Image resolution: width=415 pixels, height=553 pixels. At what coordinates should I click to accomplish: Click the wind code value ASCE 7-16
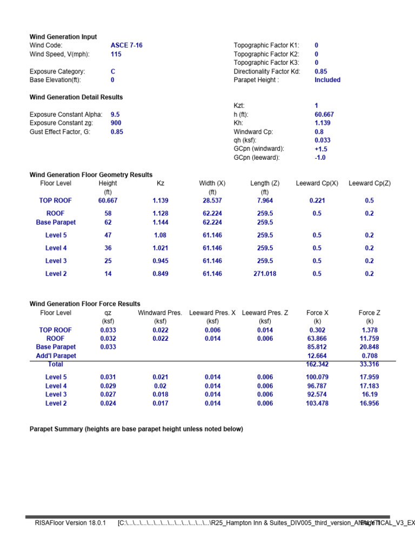coord(126,45)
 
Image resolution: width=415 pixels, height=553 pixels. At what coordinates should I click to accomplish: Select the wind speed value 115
coord(116,54)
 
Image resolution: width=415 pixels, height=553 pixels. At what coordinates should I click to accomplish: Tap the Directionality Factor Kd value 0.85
coord(320,71)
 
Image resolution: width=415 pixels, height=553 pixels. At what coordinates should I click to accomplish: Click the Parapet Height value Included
coord(327,80)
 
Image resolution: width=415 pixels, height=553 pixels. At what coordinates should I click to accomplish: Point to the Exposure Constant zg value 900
coord(116,123)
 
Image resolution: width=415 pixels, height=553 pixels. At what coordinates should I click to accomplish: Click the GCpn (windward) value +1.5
coord(321,149)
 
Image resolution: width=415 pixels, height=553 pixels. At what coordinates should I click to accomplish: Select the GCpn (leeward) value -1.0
coord(320,158)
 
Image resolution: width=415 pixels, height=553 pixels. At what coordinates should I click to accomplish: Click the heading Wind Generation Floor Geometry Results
coord(91,175)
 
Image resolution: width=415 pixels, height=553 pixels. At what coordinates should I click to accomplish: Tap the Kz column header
coord(160,184)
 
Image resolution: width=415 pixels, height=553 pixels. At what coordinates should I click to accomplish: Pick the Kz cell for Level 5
coord(160,235)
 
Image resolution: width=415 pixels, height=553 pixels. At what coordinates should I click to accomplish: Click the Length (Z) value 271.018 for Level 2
coord(265,274)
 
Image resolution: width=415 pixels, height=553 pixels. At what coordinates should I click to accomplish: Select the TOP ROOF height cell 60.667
coord(108,200)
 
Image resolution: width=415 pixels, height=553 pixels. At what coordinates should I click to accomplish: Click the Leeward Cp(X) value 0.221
coord(317,200)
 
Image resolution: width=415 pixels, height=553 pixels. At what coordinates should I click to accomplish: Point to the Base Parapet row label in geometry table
coord(56,222)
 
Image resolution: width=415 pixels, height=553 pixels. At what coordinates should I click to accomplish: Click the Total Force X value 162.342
coord(317,365)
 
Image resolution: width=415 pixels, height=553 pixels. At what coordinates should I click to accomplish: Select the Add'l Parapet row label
coord(56,356)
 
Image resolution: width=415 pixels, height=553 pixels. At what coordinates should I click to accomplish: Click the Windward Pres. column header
coord(160,313)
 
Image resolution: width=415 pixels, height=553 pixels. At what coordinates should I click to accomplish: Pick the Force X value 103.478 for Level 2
coord(317,403)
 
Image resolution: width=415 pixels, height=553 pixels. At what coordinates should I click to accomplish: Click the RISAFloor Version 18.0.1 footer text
coord(70,523)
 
